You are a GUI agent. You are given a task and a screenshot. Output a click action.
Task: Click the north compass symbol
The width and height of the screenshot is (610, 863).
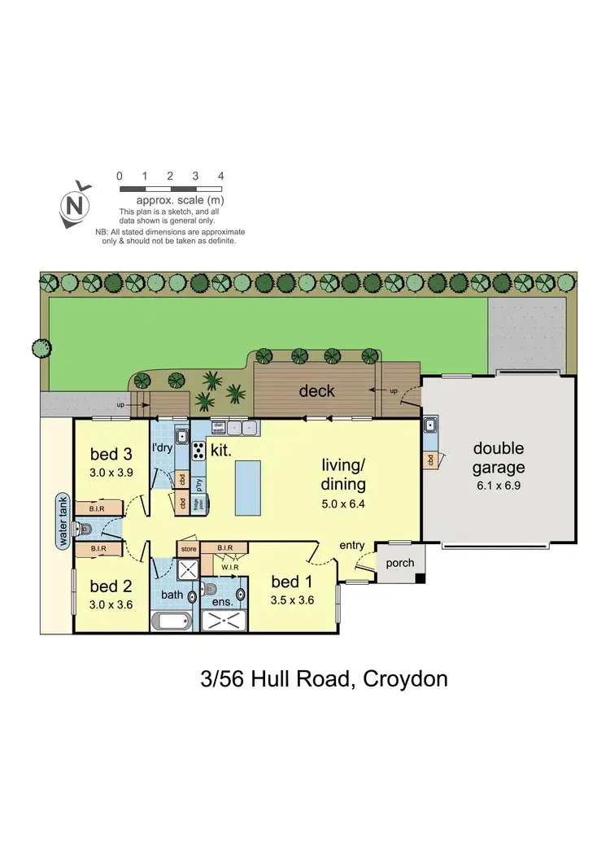point(76,203)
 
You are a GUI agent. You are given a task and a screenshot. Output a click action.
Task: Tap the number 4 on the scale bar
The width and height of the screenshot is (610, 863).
point(220,176)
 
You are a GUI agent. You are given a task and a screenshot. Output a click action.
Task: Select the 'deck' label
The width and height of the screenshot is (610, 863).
point(316,391)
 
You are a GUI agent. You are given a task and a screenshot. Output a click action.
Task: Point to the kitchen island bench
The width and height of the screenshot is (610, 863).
point(249,487)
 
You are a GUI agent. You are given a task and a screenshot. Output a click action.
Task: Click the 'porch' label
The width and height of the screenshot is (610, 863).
point(400,563)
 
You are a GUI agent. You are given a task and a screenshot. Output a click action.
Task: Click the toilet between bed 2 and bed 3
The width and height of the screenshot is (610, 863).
point(87,529)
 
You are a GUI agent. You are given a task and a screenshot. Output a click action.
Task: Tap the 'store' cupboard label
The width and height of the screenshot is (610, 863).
point(189,549)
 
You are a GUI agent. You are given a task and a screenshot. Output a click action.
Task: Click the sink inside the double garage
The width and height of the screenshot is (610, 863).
point(429,425)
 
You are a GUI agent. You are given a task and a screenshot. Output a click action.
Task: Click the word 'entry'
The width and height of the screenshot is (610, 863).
point(352,546)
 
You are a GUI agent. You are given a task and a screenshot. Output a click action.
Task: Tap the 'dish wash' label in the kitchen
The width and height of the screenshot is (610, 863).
point(218,426)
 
